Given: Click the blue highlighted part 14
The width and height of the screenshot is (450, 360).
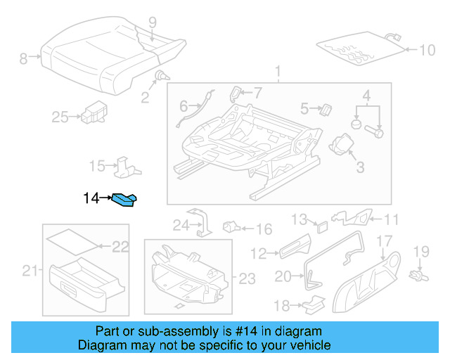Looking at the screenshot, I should [126, 202].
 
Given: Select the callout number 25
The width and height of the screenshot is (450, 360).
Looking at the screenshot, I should [60, 117].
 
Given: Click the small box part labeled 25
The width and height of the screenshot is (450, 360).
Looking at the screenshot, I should [93, 112].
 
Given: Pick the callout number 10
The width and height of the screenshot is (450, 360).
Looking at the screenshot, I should [427, 50].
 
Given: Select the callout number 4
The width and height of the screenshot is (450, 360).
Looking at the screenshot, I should [366, 95].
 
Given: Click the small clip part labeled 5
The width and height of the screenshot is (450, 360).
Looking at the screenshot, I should [326, 109].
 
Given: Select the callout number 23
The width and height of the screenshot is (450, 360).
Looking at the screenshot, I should [247, 279].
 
